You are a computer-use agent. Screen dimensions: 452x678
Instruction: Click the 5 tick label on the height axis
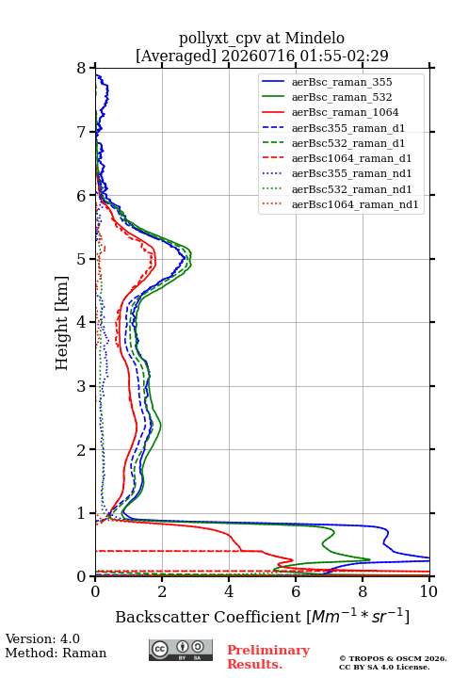click(82, 259)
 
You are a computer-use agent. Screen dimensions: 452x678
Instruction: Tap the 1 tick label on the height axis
click(82, 513)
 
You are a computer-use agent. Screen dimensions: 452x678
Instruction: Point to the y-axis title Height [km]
click(62, 323)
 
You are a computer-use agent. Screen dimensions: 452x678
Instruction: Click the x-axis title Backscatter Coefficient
click(208, 617)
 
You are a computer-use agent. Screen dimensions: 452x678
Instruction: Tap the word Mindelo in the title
click(315, 38)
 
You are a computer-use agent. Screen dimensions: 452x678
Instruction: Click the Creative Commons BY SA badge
click(181, 650)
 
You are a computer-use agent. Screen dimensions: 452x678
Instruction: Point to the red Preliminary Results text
click(268, 657)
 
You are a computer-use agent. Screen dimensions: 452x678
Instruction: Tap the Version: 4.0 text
click(42, 638)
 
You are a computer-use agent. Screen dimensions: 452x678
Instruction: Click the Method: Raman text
click(56, 653)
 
